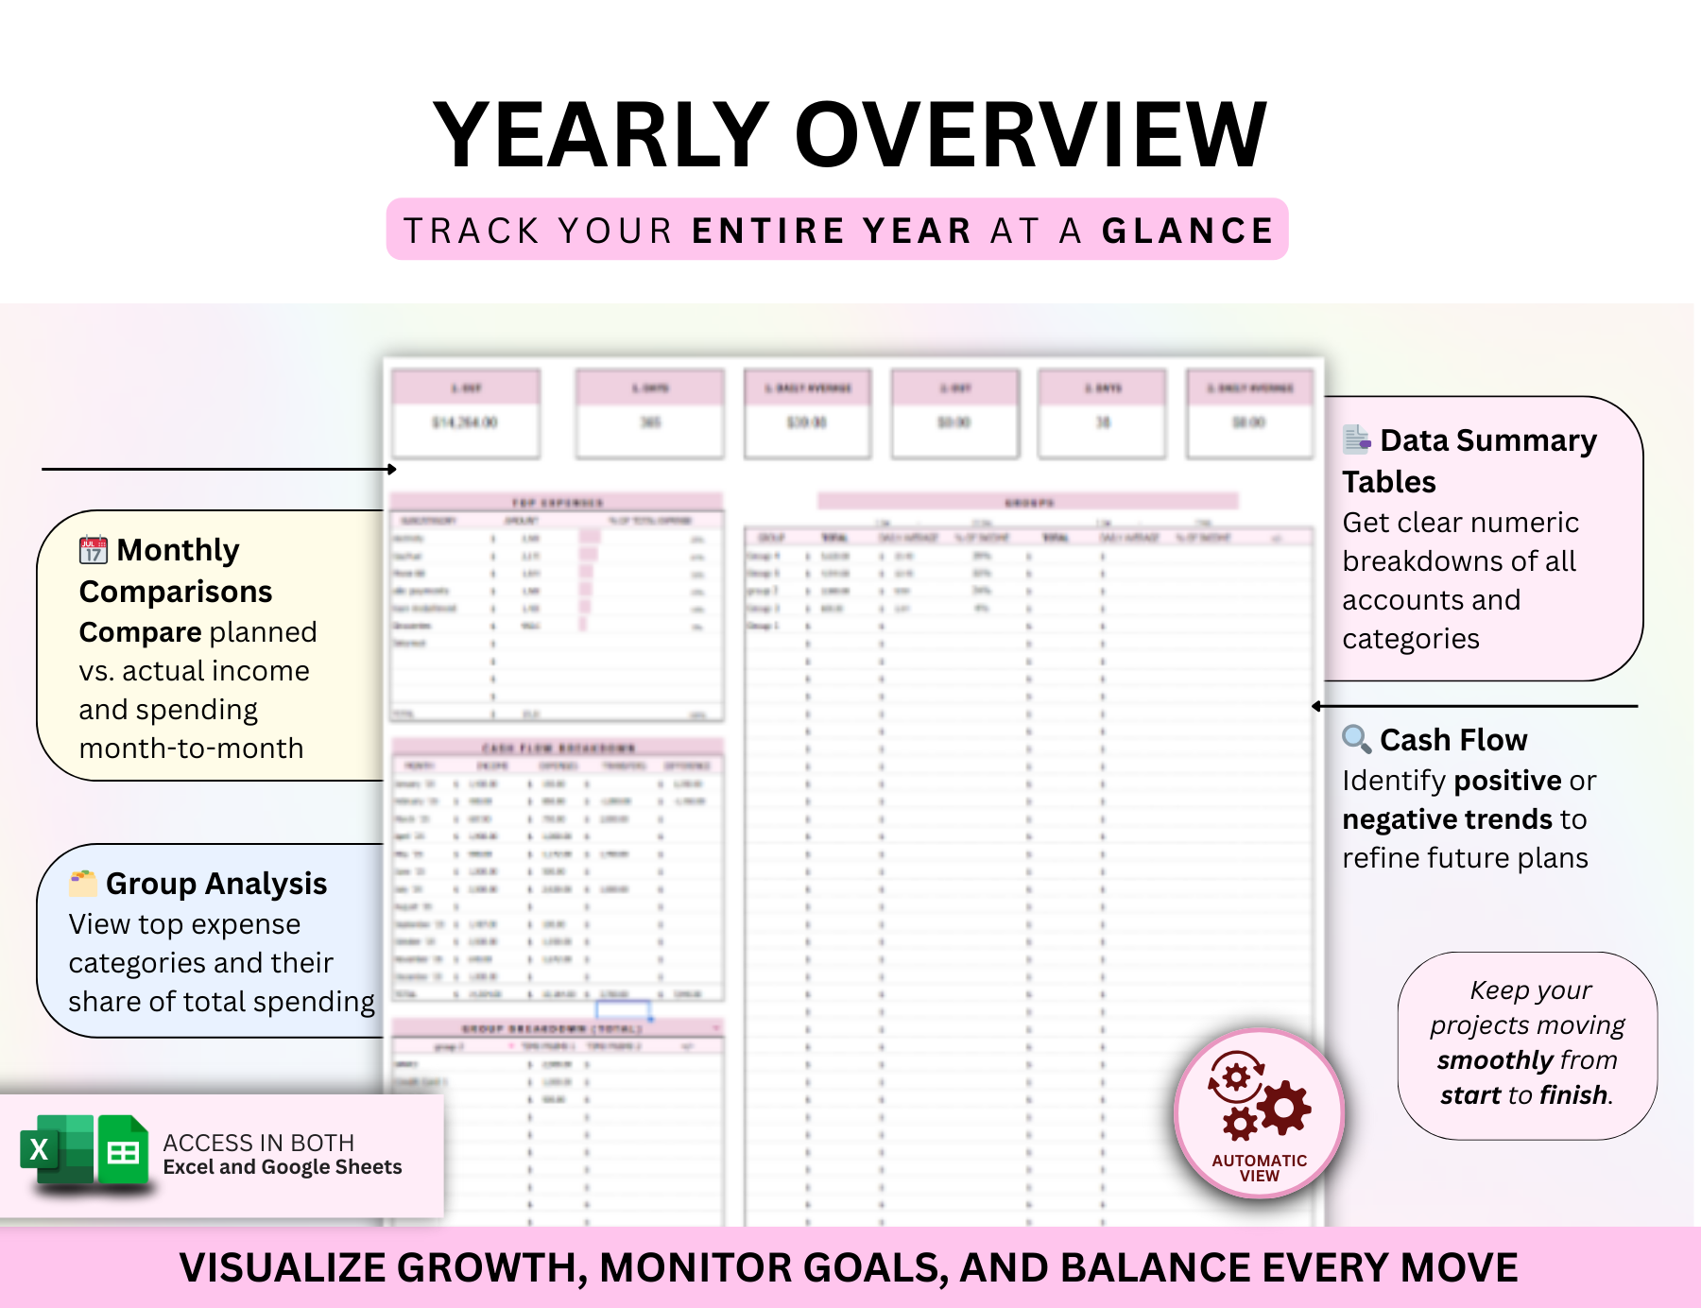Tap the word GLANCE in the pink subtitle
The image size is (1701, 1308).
[x=1188, y=231]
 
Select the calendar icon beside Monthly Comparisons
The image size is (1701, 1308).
[x=93, y=549]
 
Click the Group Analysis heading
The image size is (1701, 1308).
[x=216, y=883]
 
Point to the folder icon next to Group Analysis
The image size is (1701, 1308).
[x=83, y=883]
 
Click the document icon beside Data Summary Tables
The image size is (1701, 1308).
[x=1356, y=439]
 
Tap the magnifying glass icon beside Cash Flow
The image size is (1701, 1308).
[x=1356, y=738]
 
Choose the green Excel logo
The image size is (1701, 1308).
[x=55, y=1149]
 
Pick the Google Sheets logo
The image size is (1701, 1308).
[x=124, y=1149]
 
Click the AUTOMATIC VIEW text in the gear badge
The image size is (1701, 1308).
[x=1260, y=1168]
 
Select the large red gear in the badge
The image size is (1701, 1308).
[x=1284, y=1107]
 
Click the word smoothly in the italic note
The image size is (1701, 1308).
[x=1481, y=1060]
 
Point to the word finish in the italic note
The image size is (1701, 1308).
[x=1573, y=1094]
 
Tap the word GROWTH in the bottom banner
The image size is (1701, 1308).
[x=491, y=1267]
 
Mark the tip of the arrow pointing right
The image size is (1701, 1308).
[x=395, y=469]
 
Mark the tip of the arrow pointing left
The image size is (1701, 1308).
[x=1314, y=706]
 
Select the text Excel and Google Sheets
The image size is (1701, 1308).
[x=283, y=1167]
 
